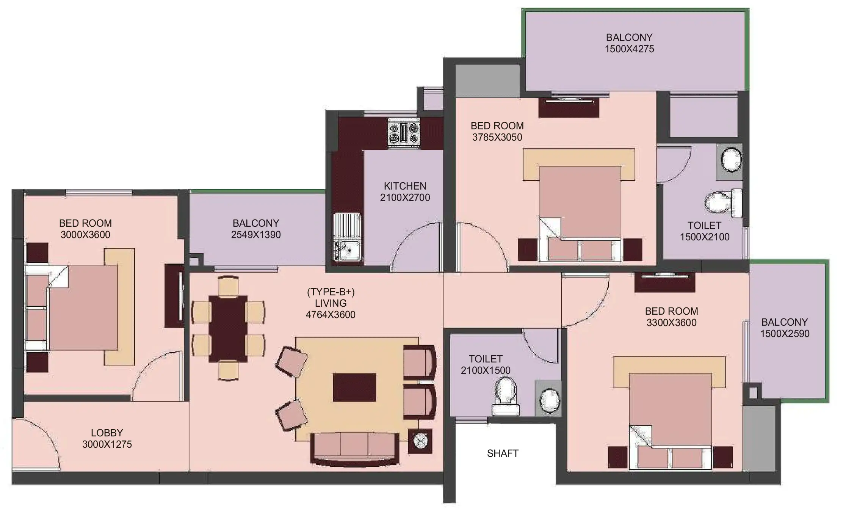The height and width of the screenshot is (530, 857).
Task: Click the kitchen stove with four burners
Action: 404,132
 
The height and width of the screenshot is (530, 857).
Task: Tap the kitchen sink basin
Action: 347,250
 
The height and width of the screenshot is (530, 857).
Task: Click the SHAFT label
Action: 503,453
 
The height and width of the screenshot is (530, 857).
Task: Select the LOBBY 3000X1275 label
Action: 107,439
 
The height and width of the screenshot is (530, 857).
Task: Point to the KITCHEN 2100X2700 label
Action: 405,192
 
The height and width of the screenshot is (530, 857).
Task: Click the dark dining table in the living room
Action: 228,329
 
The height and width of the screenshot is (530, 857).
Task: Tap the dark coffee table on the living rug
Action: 354,387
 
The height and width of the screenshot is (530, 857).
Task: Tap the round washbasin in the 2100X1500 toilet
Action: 549,401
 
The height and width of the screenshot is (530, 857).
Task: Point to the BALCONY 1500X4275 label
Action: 629,43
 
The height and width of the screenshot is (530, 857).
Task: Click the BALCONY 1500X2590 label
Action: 785,328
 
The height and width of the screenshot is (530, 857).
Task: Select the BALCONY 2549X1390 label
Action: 256,229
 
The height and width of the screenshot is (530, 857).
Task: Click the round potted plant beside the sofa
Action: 420,441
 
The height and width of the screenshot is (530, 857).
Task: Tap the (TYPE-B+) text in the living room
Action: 331,292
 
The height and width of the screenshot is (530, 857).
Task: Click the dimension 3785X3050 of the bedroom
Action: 497,137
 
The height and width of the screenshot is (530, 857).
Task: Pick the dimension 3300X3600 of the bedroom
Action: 671,323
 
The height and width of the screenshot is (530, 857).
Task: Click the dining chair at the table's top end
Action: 228,286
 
